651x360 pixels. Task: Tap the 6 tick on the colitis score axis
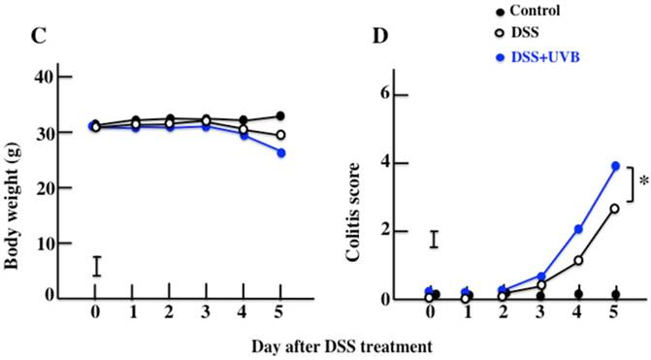385,95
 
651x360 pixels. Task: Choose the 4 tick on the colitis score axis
385,163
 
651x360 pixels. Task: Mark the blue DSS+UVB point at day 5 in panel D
615,166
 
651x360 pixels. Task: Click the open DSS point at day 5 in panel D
615,209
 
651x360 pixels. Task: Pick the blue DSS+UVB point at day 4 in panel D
578,229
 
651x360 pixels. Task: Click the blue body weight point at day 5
280,152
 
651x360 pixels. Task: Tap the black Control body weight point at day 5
280,116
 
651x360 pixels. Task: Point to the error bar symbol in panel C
95,266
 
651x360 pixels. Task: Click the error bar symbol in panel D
435,239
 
